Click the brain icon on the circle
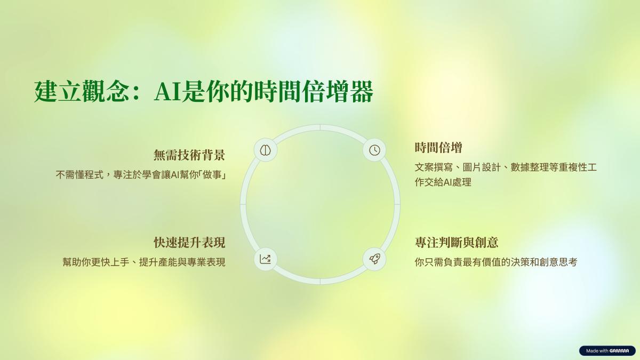tap(266, 150)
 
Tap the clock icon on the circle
tap(374, 150)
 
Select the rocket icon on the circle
tap(374, 259)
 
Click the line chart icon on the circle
tap(266, 259)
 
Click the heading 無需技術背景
tap(189, 155)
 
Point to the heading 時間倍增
tap(438, 148)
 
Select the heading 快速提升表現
tap(189, 243)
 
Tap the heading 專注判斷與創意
tap(457, 243)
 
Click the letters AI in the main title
tap(167, 92)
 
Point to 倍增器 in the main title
tap(337, 92)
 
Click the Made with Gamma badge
tap(607, 350)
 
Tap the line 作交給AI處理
tap(443, 182)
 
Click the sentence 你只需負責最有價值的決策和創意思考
tap(496, 262)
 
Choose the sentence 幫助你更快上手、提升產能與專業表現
tap(144, 262)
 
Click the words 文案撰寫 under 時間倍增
tap(434, 167)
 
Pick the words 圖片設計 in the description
tap(482, 167)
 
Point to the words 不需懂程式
tap(79, 174)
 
